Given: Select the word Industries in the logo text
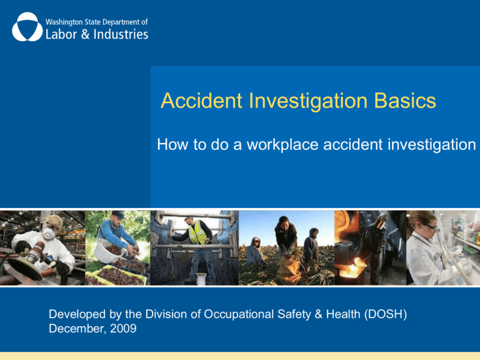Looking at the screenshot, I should pyautogui.click(x=119, y=33).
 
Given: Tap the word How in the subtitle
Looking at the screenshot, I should pyautogui.click(x=171, y=146).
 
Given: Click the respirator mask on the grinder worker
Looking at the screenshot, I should pyautogui.click(x=49, y=236).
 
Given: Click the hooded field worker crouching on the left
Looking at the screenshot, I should pyautogui.click(x=254, y=251).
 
